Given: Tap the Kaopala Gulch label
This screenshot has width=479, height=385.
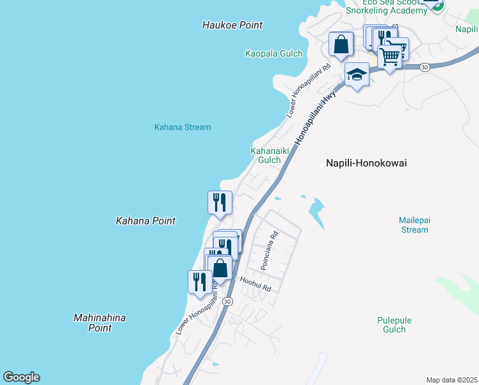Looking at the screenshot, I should (x=274, y=53).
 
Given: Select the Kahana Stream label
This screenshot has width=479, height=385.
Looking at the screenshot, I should (x=183, y=127).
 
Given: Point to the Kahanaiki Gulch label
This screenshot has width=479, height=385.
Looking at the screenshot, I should (x=265, y=155).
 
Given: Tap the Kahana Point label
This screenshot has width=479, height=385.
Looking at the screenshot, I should (x=145, y=221).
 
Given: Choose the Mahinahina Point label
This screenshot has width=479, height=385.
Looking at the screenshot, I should (x=100, y=323).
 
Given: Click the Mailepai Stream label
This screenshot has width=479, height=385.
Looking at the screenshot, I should (x=414, y=225).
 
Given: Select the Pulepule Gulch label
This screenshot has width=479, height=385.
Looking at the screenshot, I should (x=394, y=325).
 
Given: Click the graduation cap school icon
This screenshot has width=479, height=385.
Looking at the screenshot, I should (x=357, y=75).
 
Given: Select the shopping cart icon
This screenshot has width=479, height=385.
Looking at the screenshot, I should (x=389, y=56).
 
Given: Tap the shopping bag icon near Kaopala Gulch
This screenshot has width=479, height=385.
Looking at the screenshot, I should (x=341, y=44).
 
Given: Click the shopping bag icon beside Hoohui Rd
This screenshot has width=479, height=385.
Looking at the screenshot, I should (x=220, y=268).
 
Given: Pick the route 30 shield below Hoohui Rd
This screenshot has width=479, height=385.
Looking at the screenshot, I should (x=228, y=301).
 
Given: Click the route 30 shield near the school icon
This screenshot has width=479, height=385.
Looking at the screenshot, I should (x=424, y=67).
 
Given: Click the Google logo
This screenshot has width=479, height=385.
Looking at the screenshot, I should (x=21, y=377).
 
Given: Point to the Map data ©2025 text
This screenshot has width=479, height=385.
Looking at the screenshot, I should (x=451, y=380).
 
